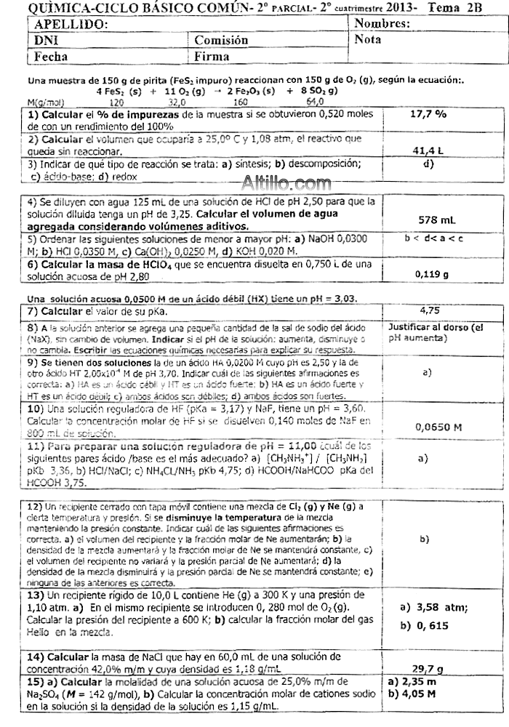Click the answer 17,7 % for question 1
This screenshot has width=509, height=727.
(428, 114)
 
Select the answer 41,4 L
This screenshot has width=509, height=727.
(428, 151)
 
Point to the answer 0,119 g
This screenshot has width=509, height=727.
(431, 274)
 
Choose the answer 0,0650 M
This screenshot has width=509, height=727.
(438, 427)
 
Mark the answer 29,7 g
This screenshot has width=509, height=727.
(429, 668)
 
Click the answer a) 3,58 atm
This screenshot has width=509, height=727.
(433, 607)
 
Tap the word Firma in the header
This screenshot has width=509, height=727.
(212, 56)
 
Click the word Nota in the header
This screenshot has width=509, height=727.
(369, 40)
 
